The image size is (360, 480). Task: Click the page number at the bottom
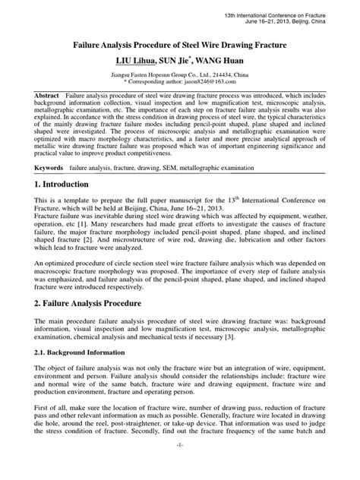[180, 465]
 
